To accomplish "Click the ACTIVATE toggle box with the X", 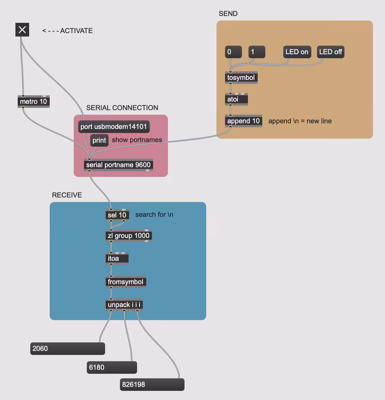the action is tap(22, 30).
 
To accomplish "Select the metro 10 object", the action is tap(33, 101).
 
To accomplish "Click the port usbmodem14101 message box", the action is tap(114, 127).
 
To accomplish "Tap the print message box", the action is tap(99, 140).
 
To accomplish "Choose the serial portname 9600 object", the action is tap(118, 165).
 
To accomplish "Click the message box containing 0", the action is tap(233, 52).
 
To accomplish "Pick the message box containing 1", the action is tap(257, 52).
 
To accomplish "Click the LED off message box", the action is tap(330, 52).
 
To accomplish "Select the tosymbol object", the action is tap(241, 78).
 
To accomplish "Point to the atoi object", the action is tap(236, 99).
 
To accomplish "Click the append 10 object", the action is tap(243, 121).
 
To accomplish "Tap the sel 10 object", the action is tap(117, 215).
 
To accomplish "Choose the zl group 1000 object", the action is tap(129, 236).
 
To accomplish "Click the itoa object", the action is tap(117, 258).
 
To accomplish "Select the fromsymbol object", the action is tap(126, 282).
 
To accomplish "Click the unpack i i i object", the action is tap(124, 305).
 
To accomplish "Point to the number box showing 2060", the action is tap(68, 349).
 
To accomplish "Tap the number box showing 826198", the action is tap(152, 385).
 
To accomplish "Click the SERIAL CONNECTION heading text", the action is tap(122, 108).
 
